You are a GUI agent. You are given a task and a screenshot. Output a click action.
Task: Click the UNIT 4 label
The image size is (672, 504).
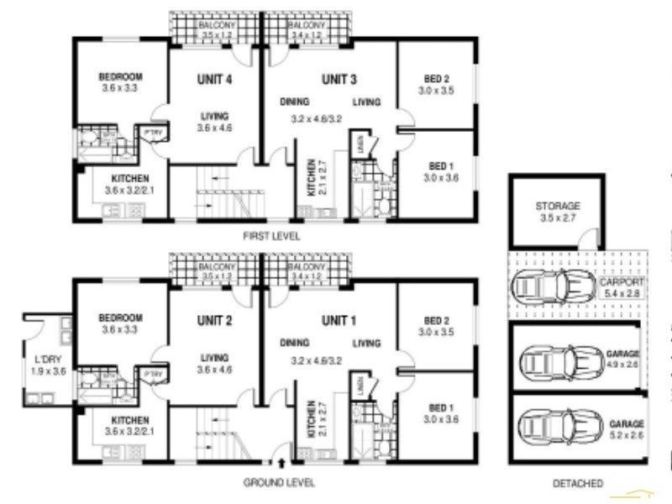pos(214,80)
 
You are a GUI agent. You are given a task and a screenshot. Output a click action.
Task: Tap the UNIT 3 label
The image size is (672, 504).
pos(339,80)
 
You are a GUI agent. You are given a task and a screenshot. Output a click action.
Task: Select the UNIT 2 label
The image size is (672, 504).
pos(214,320)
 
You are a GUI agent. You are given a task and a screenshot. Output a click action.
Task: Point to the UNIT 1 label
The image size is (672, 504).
pos(339,320)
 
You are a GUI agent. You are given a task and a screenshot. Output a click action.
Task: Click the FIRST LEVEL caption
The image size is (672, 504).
pos(270,237)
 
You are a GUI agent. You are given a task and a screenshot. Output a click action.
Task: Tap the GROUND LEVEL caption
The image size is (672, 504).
pos(279,482)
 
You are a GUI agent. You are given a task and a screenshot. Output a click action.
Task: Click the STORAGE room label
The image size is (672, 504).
pos(558,207)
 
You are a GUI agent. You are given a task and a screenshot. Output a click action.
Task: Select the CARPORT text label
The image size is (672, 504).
pos(621,282)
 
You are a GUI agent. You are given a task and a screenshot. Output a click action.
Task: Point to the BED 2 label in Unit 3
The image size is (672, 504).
pos(438,80)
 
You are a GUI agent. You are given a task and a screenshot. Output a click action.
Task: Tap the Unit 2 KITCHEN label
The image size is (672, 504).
pos(129,419)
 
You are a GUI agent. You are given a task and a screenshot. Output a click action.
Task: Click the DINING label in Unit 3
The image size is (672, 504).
pos(295,102)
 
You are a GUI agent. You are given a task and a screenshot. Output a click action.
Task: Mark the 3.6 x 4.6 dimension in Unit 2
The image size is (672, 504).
pos(214,369)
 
